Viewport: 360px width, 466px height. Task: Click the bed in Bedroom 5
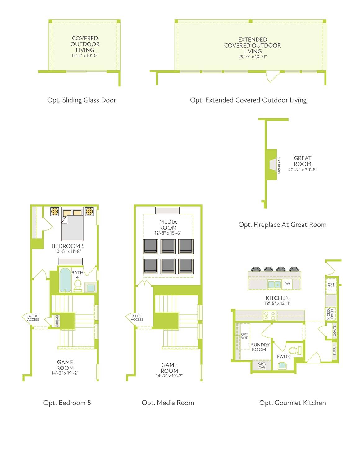click(x=72, y=224)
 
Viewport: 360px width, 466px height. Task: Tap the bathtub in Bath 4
click(x=65, y=280)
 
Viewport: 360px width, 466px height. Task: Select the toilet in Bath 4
click(x=78, y=286)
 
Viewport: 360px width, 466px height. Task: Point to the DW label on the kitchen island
click(x=287, y=284)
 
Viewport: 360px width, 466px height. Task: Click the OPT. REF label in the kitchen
click(x=331, y=286)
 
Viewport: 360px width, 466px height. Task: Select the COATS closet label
click(x=335, y=331)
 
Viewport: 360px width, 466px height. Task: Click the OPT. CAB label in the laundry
click(x=262, y=365)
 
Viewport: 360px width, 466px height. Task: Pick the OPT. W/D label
click(x=245, y=336)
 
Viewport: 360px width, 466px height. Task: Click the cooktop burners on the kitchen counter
click(x=270, y=315)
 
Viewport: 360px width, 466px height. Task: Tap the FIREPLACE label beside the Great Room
click(x=279, y=165)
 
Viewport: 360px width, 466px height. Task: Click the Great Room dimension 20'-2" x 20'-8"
click(x=303, y=170)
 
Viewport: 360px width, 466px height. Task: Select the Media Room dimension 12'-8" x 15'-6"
click(x=168, y=233)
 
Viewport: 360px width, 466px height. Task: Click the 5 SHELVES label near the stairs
click(x=57, y=321)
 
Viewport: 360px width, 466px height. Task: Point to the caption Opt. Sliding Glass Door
click(x=81, y=100)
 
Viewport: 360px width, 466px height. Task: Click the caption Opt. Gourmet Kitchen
click(x=293, y=403)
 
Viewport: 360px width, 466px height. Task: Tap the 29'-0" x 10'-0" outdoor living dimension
click(x=252, y=57)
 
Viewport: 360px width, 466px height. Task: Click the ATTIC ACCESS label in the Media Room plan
click(x=137, y=318)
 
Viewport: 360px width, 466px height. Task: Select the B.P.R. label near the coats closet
click(x=335, y=351)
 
